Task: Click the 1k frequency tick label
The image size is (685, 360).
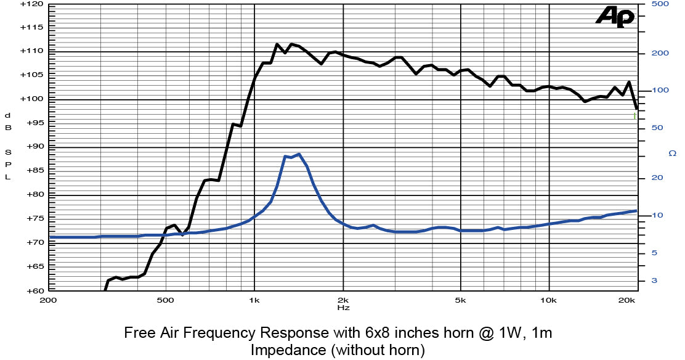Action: point(254,300)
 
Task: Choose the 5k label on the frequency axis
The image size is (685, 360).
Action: point(460,300)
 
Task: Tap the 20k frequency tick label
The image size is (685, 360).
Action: point(626,300)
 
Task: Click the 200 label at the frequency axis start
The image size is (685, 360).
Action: point(48,300)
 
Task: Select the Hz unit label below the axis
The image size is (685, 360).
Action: point(343,307)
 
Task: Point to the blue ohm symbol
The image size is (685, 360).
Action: point(672,153)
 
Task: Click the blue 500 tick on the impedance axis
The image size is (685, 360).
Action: point(660,4)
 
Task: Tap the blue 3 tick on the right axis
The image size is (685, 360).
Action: point(654,280)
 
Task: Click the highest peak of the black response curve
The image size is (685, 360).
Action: point(277,44)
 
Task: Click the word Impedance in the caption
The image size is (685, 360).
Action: point(286,350)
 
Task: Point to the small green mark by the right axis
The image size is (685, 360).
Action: point(634,115)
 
